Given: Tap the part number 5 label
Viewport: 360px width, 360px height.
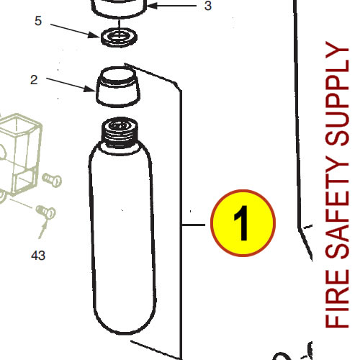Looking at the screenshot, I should click(x=38, y=21).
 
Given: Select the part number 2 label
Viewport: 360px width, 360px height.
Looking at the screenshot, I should click(x=34, y=80).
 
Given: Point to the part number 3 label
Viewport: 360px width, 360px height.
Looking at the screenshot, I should click(x=208, y=6).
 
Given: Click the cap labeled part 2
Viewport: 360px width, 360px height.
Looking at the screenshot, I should click(x=117, y=84).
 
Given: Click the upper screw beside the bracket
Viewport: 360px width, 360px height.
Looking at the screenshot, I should click(x=52, y=177).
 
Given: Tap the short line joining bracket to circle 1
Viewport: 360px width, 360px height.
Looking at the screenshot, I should click(x=195, y=225).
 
